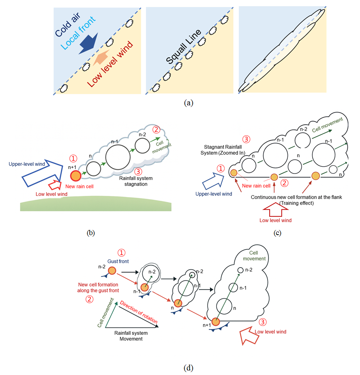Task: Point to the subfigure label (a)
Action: pos(188,103)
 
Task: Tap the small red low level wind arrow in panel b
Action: pos(55,186)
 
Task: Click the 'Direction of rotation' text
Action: pos(136,311)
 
